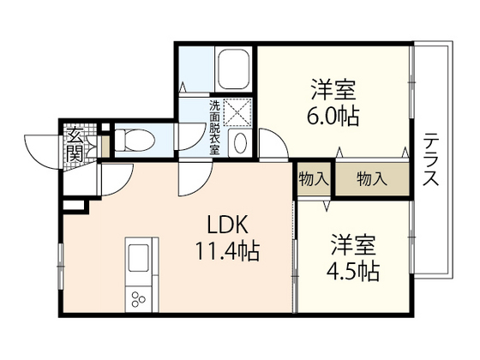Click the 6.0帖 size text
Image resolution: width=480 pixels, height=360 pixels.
point(331,115)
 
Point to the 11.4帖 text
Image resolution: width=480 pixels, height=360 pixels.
point(226,253)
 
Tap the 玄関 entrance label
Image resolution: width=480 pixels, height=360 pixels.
point(75,145)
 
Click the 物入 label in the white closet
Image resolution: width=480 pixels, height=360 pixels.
point(314,179)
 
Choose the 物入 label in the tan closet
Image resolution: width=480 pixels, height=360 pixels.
point(371,179)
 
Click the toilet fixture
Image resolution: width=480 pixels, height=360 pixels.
point(134,139)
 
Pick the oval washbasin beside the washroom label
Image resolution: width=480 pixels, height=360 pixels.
point(239,142)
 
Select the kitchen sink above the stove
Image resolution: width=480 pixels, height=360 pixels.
point(138,256)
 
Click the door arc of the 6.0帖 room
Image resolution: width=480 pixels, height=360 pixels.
point(273,142)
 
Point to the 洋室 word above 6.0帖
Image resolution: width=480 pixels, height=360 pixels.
point(331,89)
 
